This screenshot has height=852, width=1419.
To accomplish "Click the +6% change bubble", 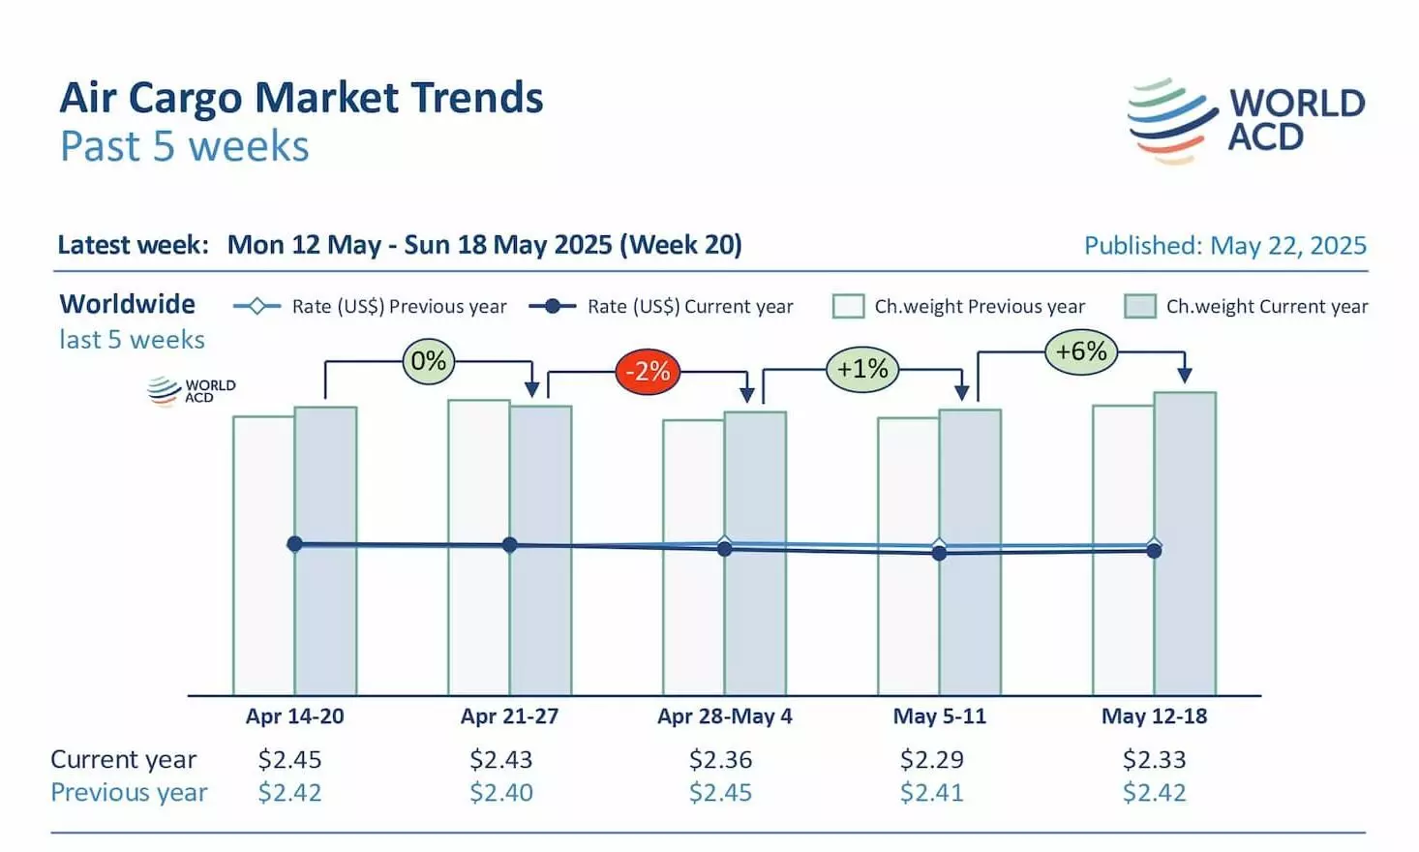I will (x=1081, y=351).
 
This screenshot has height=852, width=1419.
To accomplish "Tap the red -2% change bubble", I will (x=648, y=371).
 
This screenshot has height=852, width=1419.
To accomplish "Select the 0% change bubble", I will (x=429, y=361).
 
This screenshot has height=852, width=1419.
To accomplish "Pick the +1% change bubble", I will (x=862, y=369).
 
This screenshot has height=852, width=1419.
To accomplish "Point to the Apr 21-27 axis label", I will (x=509, y=716).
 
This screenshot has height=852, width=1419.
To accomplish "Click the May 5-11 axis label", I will (x=939, y=716).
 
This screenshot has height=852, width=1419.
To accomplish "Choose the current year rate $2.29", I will (x=931, y=760).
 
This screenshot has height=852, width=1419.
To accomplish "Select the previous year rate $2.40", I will (x=500, y=793).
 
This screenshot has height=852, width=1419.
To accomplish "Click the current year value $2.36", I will (x=720, y=760).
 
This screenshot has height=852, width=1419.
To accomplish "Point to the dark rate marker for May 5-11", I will (x=939, y=553).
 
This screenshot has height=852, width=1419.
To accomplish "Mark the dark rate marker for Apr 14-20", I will (x=295, y=544).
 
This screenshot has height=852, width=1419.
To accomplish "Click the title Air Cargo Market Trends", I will (x=301, y=98).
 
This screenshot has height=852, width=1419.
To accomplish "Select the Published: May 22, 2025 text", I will (x=1224, y=246).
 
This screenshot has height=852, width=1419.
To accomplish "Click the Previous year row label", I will (x=129, y=793).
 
